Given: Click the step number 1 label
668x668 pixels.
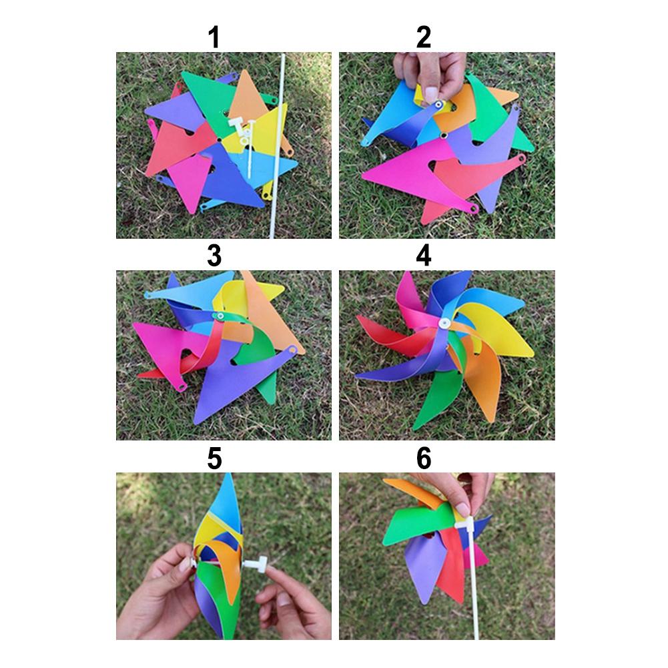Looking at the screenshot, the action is click(x=214, y=37).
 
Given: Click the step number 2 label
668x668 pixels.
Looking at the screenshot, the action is click(x=424, y=37).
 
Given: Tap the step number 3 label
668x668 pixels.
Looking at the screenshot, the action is click(x=214, y=256).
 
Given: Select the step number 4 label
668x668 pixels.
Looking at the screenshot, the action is click(x=424, y=256).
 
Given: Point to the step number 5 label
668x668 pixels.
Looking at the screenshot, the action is click(x=214, y=458).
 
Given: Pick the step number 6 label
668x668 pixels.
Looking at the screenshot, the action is click(x=424, y=458).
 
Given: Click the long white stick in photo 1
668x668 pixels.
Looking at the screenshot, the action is click(x=277, y=145).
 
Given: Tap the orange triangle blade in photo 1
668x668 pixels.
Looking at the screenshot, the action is click(x=247, y=99).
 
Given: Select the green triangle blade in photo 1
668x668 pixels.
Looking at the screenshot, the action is click(x=209, y=100).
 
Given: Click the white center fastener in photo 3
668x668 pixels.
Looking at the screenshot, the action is click(x=220, y=316).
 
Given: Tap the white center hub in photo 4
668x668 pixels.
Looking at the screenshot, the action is click(x=444, y=324).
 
